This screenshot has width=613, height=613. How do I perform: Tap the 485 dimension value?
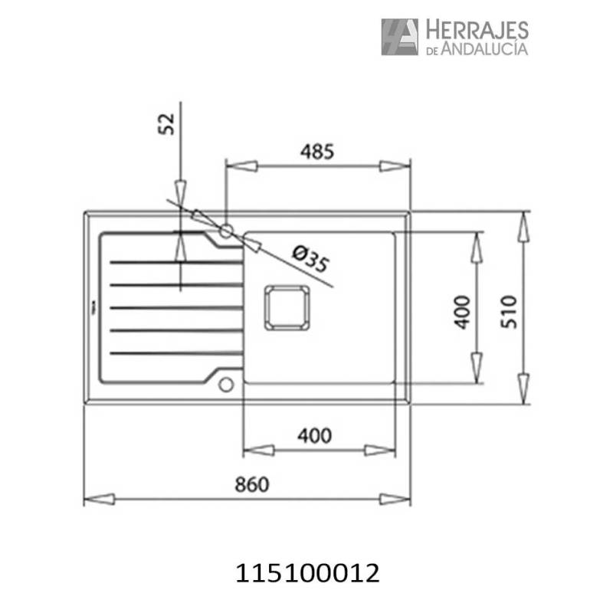pos(318,152)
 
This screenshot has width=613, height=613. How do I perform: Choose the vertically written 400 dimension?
pos(461,311)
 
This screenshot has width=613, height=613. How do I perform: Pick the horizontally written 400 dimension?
pos(314,435)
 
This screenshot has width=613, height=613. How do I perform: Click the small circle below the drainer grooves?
pos(225,384)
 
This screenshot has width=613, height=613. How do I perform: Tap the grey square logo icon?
pos(400,37)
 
